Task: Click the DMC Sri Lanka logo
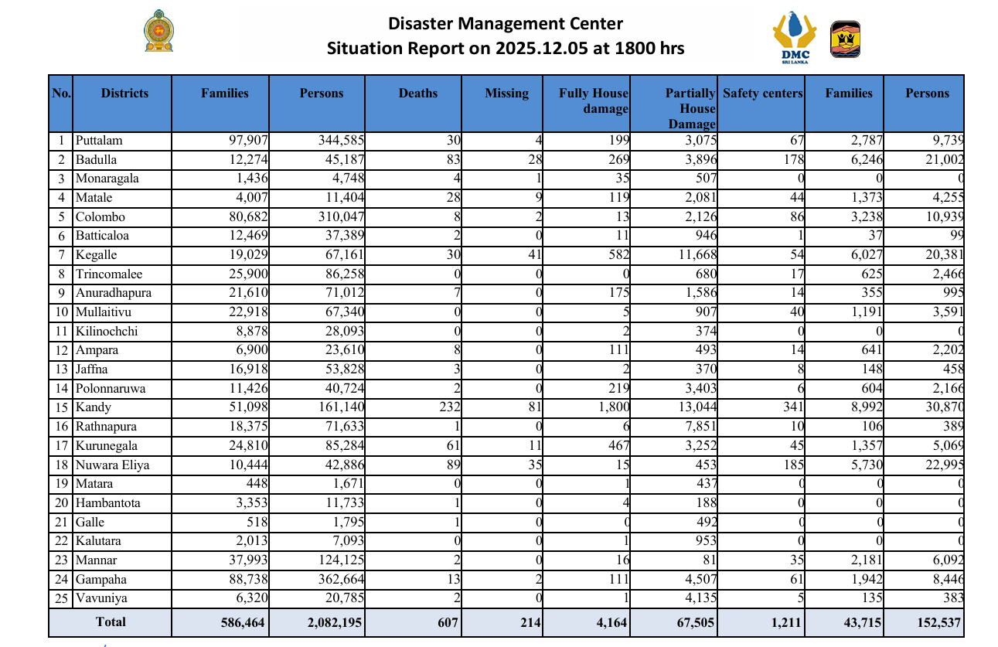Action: [x=795, y=37]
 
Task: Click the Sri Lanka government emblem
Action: [x=158, y=31]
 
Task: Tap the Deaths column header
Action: [x=418, y=93]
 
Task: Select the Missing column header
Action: [x=506, y=93]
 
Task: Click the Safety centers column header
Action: [x=762, y=93]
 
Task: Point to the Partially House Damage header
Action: [x=691, y=108]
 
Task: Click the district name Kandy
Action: [x=93, y=407]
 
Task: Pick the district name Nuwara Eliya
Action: [x=112, y=465]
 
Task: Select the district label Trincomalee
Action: [x=109, y=274]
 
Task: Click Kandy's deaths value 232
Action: [x=450, y=407]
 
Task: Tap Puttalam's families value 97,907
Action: [x=249, y=141]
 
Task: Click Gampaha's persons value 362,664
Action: [x=341, y=580]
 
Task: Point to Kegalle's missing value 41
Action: [x=535, y=255]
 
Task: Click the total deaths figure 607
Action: [x=448, y=622]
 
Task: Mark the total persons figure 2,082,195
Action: [x=335, y=622]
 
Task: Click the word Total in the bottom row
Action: [x=111, y=622]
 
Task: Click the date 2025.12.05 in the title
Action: [x=542, y=48]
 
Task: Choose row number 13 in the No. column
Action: [x=62, y=369]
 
